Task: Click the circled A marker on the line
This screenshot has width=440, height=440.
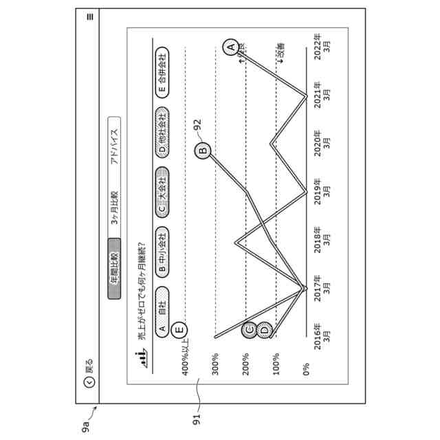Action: point(232,47)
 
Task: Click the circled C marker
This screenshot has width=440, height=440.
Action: point(250,331)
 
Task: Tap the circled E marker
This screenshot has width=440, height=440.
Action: point(180,331)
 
